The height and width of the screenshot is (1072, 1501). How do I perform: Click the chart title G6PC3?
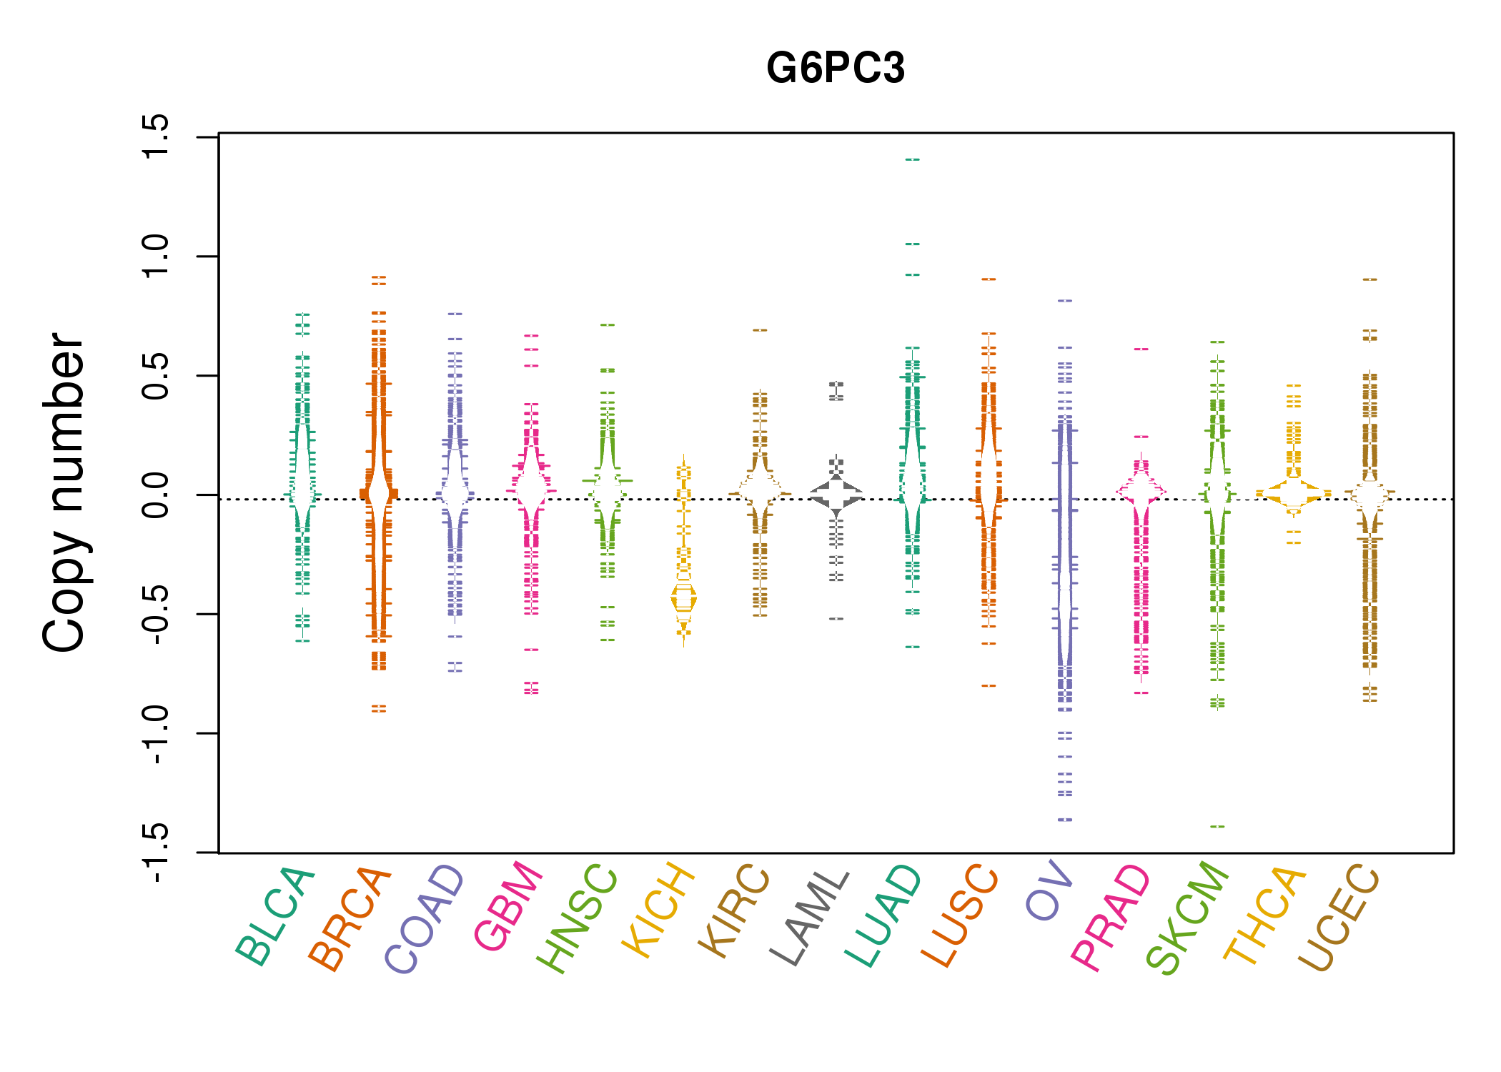[x=835, y=69]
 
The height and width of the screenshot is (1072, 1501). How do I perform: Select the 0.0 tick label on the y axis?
[x=156, y=495]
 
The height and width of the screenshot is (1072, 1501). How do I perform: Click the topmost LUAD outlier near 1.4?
[x=912, y=159]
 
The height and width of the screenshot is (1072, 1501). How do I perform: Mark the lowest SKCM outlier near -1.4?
[x=1217, y=827]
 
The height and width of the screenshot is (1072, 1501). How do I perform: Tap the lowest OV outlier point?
[x=1065, y=820]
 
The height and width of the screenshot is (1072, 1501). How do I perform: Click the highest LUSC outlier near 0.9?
[x=989, y=279]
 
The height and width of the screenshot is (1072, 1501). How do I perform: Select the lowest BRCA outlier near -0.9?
[x=379, y=710]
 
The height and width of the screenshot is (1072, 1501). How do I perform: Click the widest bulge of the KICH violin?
[x=684, y=598]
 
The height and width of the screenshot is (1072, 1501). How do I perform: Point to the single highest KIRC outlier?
[x=760, y=330]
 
